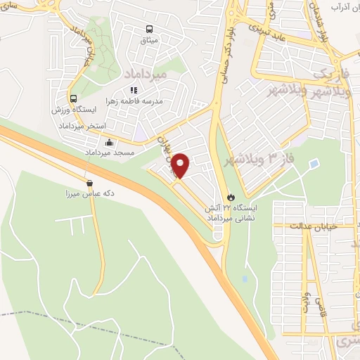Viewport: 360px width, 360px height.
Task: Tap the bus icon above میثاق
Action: click(x=149, y=29)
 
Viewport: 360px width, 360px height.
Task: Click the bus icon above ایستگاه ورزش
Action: click(x=73, y=98)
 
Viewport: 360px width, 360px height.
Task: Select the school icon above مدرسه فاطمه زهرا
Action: click(x=134, y=90)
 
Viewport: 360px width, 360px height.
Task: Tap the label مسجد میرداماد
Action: click(x=89, y=153)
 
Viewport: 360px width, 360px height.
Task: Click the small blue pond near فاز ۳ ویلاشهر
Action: click(x=314, y=165)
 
